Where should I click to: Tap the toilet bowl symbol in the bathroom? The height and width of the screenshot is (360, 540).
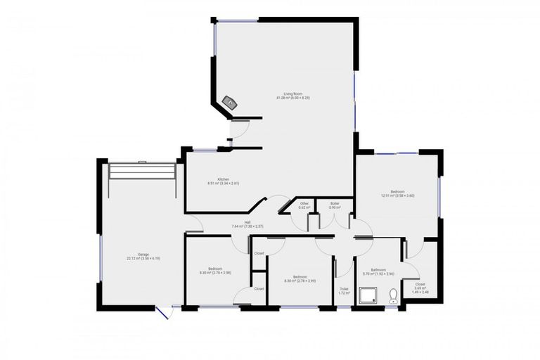click(x=393, y=297)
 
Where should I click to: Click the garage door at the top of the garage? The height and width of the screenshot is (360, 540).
click(x=143, y=171)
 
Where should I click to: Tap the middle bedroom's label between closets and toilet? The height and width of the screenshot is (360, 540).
click(x=300, y=278)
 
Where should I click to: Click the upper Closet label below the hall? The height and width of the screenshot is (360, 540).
click(x=259, y=253)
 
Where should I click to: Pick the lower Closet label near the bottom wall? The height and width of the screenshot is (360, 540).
click(x=259, y=288)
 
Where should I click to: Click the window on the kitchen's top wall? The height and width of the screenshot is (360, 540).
click(x=205, y=150)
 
